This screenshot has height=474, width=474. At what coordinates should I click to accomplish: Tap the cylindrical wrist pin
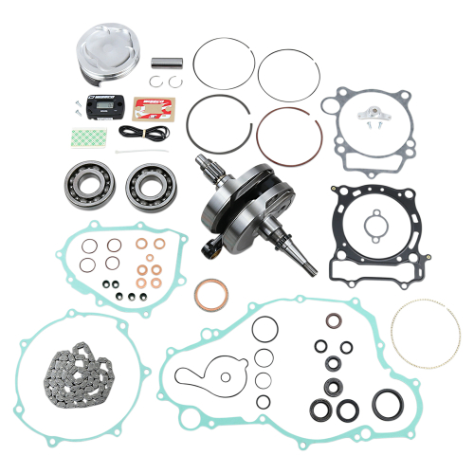(168, 64)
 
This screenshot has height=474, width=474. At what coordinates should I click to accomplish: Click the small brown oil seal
(335, 320)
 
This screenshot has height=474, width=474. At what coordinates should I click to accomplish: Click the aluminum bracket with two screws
(367, 113)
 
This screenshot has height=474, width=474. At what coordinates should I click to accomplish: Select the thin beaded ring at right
(425, 332)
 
